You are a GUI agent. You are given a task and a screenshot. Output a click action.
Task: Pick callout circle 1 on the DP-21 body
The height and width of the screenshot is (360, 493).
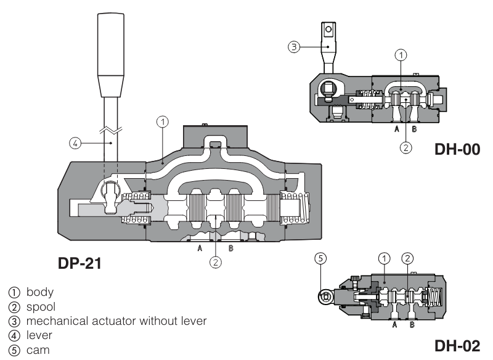pos(163,122)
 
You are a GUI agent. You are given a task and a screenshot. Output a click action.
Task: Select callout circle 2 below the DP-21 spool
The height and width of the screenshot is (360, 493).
pos(215,262)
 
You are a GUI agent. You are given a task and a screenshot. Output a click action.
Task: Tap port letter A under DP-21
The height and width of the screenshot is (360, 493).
pos(199,248)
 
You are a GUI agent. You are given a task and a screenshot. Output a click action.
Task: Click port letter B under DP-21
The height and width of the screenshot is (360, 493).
pos(230,248)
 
